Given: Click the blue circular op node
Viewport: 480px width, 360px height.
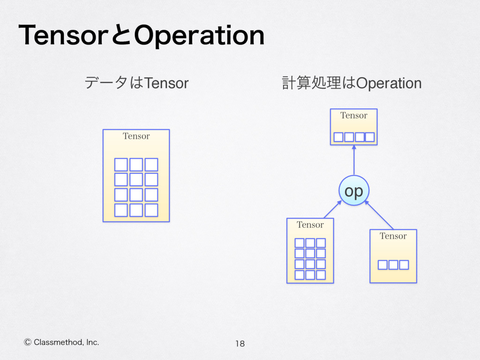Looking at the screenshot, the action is click(x=354, y=190).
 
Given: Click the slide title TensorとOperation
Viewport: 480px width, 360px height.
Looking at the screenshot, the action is click(x=141, y=36).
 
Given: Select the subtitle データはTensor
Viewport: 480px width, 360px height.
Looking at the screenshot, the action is click(x=136, y=83).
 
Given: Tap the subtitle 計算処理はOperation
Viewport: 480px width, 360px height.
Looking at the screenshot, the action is click(x=352, y=83).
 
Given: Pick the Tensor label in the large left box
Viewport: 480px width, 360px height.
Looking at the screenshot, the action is click(x=136, y=136).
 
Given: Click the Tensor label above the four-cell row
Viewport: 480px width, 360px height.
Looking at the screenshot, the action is click(x=353, y=116).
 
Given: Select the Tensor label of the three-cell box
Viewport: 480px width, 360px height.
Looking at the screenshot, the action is click(x=393, y=236).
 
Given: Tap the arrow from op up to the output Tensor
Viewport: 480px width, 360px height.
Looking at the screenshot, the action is click(x=354, y=159).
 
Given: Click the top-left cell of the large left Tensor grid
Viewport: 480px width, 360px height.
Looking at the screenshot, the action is click(x=121, y=165).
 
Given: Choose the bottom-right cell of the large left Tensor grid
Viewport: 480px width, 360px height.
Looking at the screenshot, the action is click(x=151, y=210).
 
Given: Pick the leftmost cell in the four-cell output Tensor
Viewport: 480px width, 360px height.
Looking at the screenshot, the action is click(x=338, y=137).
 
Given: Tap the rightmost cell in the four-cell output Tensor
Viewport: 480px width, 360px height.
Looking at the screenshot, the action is click(x=369, y=137).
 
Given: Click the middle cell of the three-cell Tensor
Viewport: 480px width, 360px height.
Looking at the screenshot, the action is click(x=393, y=265).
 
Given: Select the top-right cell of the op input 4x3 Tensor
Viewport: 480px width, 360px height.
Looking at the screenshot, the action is click(x=321, y=243).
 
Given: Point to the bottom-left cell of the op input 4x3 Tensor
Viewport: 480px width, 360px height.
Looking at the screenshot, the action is click(x=300, y=275).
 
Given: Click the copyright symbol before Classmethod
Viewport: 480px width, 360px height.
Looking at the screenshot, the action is click(x=27, y=342).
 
